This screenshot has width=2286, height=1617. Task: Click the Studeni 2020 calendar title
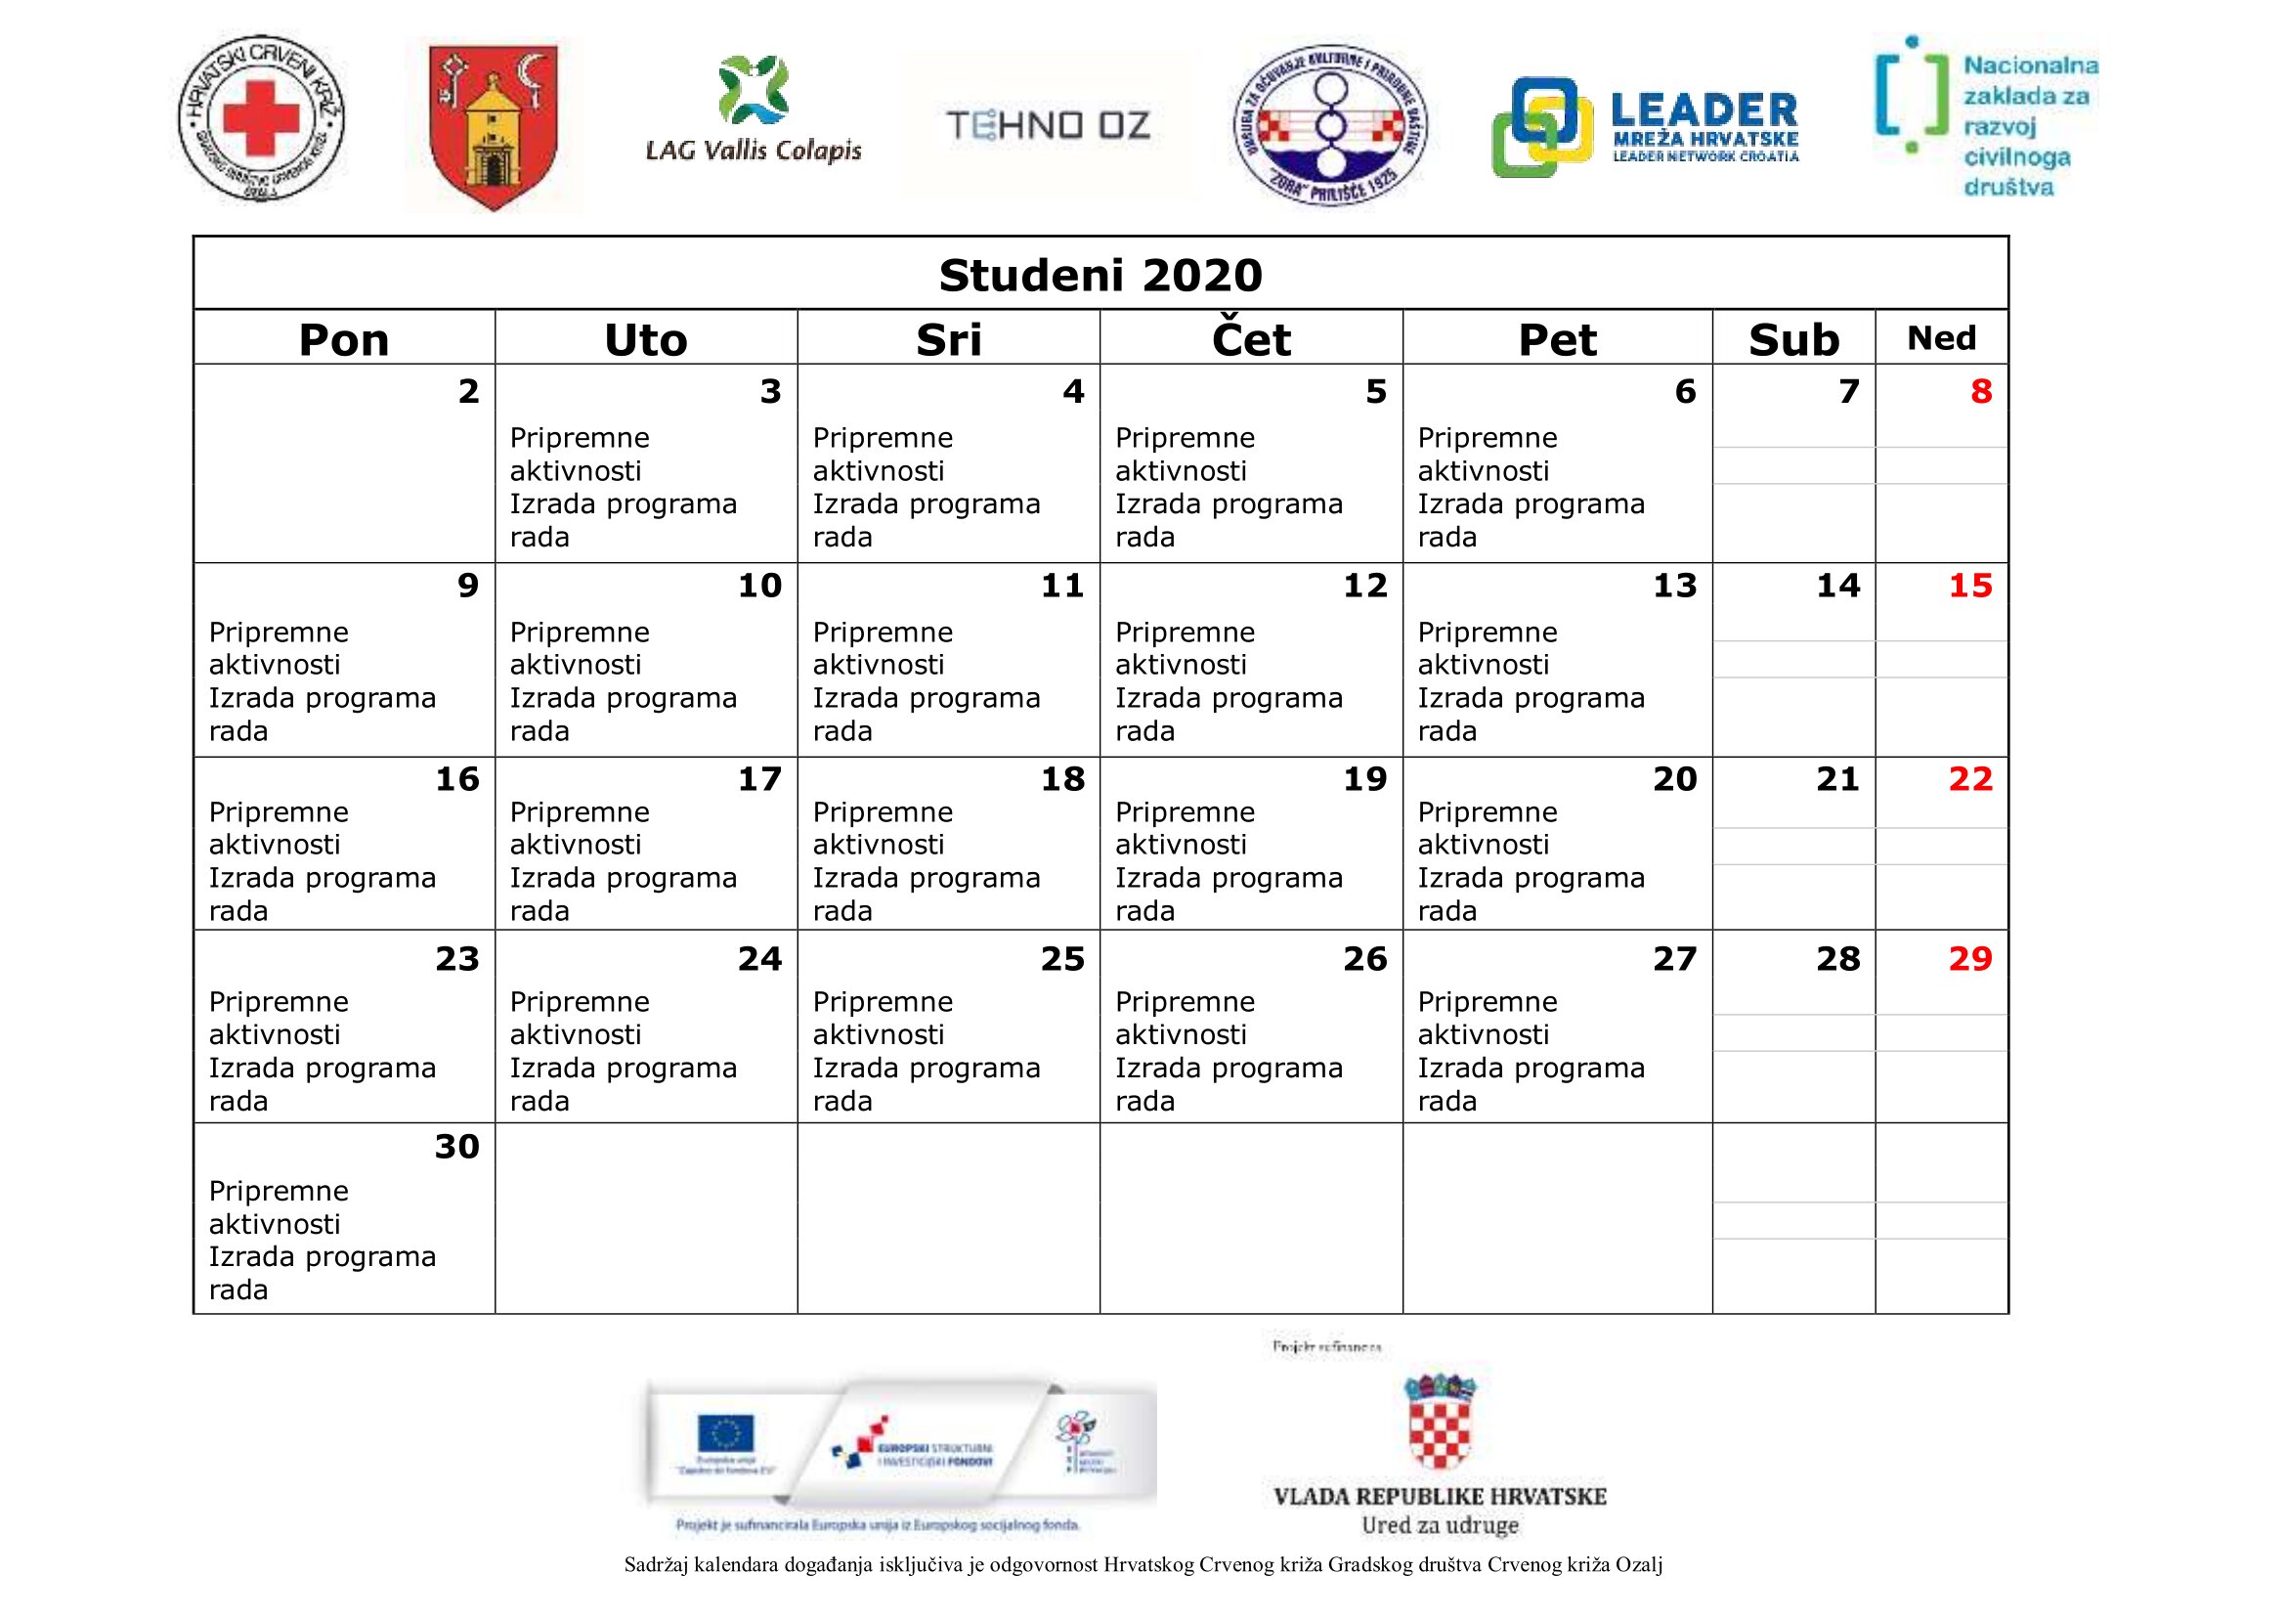coord(1100,275)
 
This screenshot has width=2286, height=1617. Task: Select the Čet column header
coord(1251,339)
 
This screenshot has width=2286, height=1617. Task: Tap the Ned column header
coord(1941,338)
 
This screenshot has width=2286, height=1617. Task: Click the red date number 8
coord(1980,391)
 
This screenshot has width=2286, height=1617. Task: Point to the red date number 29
coord(1969,958)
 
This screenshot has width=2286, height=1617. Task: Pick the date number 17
coord(759,778)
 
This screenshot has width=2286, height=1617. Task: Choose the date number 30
coord(457,1146)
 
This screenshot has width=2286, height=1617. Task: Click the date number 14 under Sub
coord(1837,586)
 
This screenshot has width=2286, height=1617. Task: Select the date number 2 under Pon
coord(468,391)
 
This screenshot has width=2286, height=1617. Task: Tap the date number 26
coord(1364,958)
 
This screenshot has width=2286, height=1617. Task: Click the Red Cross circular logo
coord(261,119)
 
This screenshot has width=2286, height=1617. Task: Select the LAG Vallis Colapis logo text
coord(754,151)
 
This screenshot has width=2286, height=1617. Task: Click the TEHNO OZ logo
coord(1048,125)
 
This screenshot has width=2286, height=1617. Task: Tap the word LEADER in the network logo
coord(1704,109)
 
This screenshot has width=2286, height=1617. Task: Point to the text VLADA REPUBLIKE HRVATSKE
coord(1440,1497)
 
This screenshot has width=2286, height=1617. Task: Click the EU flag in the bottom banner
coord(726,1435)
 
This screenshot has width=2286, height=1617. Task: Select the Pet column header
coord(1557,339)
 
